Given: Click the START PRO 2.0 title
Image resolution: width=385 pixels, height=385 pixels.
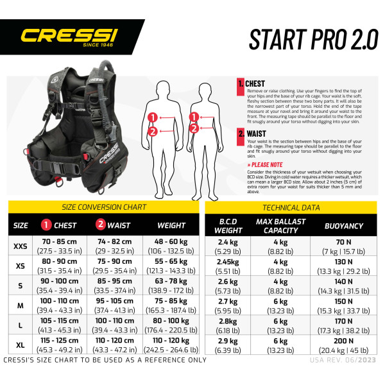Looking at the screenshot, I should (x=313, y=39).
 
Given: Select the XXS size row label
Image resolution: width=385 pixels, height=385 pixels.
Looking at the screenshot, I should (x=21, y=246).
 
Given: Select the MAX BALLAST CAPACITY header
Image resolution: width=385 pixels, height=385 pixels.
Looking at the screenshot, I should (x=280, y=226).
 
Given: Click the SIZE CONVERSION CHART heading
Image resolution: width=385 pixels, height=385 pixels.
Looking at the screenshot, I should (x=104, y=207).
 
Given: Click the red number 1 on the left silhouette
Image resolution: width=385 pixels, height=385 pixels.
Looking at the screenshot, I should (x=152, y=117).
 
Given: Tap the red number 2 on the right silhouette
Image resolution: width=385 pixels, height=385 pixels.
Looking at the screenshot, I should (x=194, y=129).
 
